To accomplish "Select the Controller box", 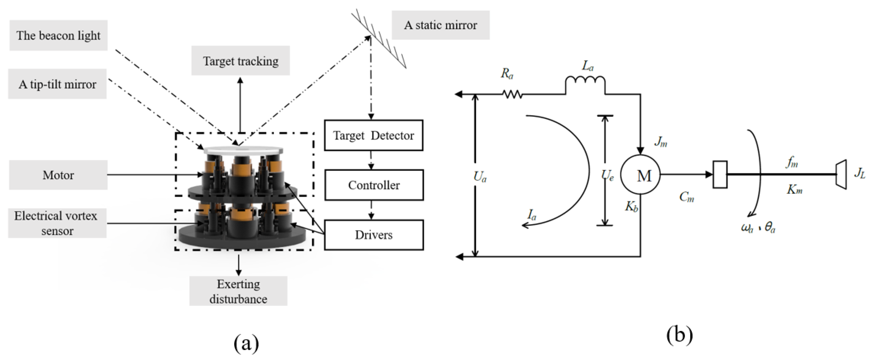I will coord(374,185).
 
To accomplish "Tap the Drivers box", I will coord(374,235).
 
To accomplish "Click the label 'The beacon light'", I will coord(58,36).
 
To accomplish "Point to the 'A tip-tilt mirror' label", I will coord(57,84).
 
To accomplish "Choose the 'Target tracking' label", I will coord(240,61).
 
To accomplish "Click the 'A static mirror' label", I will coord(440,25).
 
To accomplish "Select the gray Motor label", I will coord(58,175).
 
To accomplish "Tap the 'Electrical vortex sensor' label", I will coord(57,223).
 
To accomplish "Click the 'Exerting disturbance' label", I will coord(238,291).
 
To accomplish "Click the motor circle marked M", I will coord(640,175).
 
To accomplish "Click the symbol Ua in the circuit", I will coord(480,177).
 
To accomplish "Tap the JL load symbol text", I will coord(860,173).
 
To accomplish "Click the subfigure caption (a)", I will coord(246,343).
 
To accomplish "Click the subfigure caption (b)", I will coord(679,335).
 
